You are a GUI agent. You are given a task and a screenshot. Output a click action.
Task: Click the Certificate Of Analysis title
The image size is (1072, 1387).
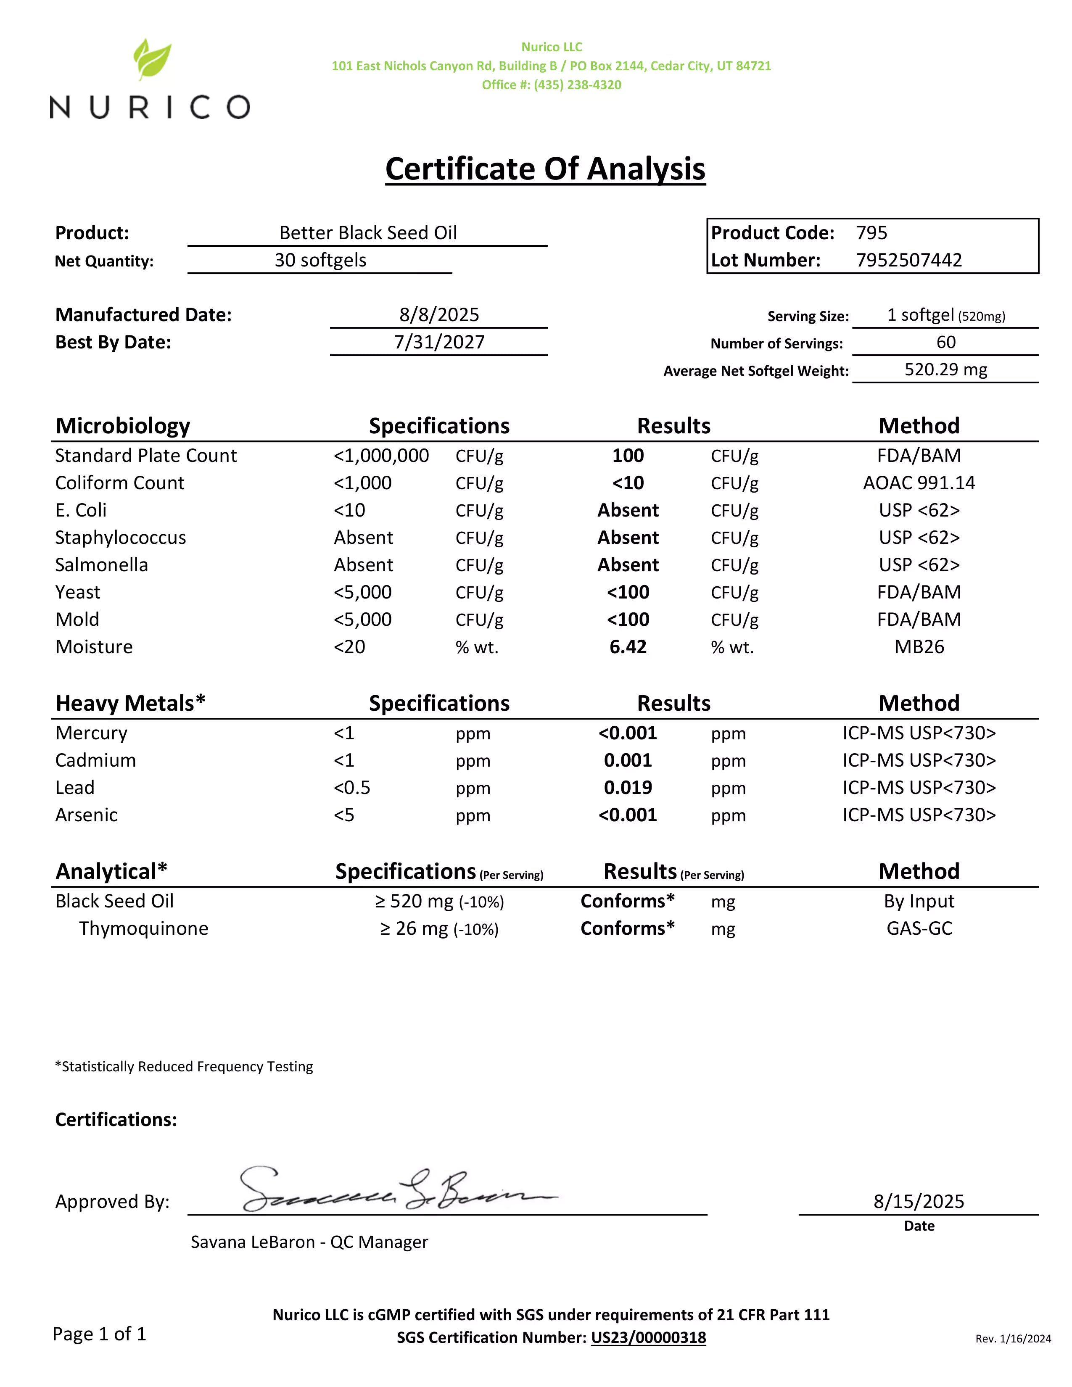[x=545, y=169]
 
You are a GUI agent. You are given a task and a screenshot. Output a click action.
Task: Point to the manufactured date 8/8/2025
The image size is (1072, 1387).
[x=439, y=315]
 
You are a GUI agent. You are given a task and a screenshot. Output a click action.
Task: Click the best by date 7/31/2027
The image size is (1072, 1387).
[x=439, y=342]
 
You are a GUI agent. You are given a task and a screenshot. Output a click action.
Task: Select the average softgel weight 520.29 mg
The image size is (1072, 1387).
[x=945, y=369]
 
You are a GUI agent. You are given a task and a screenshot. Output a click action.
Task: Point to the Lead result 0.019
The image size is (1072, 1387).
[x=628, y=788]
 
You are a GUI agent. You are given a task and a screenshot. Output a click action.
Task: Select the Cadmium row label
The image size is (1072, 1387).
[x=95, y=761]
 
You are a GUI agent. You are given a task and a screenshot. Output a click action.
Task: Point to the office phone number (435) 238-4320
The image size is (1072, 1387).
[x=577, y=85]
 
